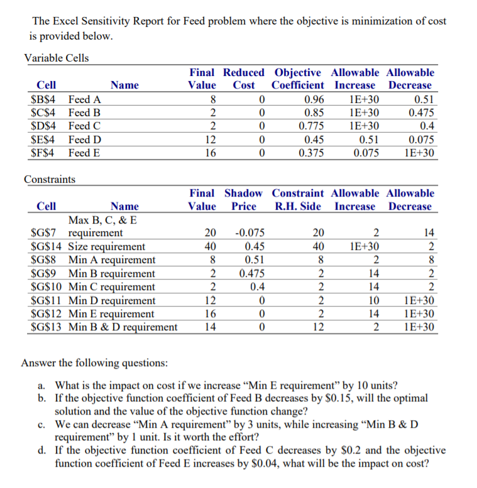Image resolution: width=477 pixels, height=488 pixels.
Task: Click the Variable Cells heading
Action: point(56,58)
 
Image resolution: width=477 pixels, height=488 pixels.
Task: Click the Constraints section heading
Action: point(49,180)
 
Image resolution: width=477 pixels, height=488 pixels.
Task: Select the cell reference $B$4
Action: point(43,99)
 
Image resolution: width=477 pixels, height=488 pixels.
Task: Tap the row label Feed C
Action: point(85,126)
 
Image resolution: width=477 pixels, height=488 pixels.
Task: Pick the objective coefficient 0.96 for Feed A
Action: point(314,99)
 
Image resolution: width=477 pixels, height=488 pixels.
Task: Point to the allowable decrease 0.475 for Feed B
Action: point(420,112)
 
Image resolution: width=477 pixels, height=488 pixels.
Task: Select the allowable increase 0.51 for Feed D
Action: point(368,139)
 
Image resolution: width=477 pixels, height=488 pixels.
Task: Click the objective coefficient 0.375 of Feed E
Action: point(312,152)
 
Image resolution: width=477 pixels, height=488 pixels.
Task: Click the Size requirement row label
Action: point(106,246)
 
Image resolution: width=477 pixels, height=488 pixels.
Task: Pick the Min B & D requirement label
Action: point(123,327)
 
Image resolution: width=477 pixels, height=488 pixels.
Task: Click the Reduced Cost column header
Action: point(243,79)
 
